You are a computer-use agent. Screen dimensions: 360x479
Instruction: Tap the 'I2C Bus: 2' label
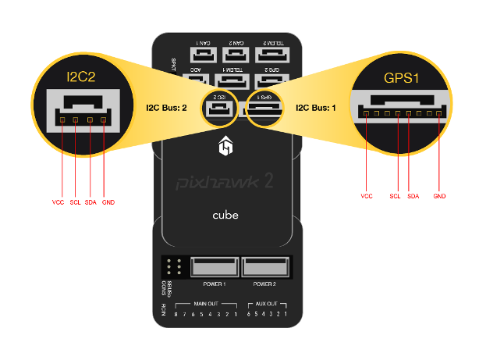point(167,107)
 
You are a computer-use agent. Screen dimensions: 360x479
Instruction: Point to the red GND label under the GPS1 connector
point(439,196)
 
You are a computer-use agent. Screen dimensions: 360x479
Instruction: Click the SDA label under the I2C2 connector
point(91,202)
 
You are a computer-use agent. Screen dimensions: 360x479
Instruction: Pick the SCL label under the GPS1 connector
point(395,196)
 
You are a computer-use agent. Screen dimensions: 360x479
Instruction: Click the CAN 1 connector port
point(204,54)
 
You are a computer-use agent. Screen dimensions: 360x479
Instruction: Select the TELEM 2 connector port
point(271,54)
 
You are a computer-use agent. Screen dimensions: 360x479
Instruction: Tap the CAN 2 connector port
point(237,54)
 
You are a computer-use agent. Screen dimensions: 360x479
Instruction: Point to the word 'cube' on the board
point(225,214)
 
